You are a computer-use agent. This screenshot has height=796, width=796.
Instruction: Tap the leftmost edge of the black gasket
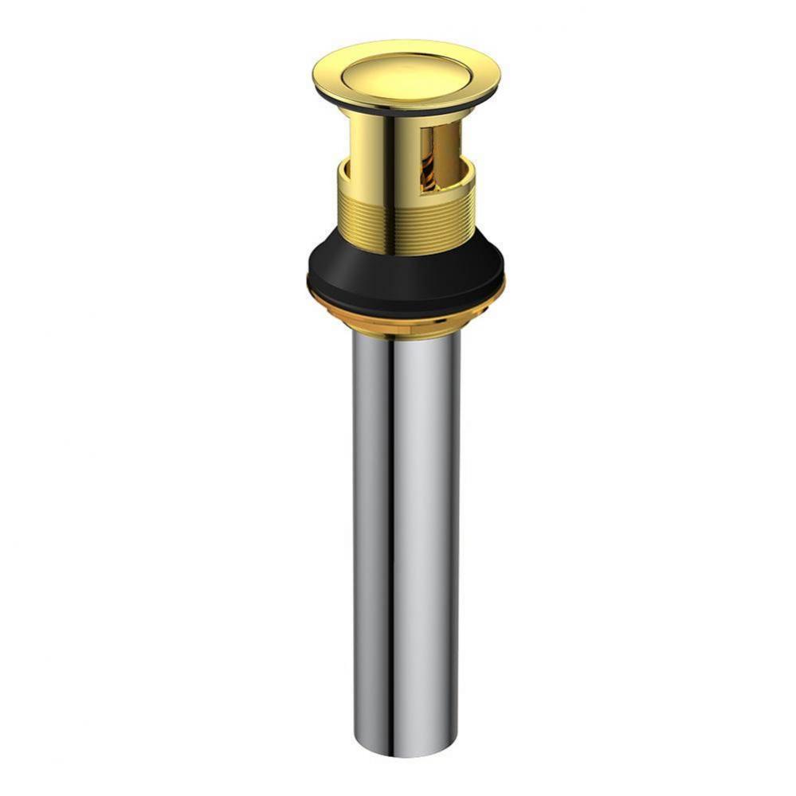308,279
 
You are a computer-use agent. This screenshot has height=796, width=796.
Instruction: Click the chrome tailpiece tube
406,517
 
